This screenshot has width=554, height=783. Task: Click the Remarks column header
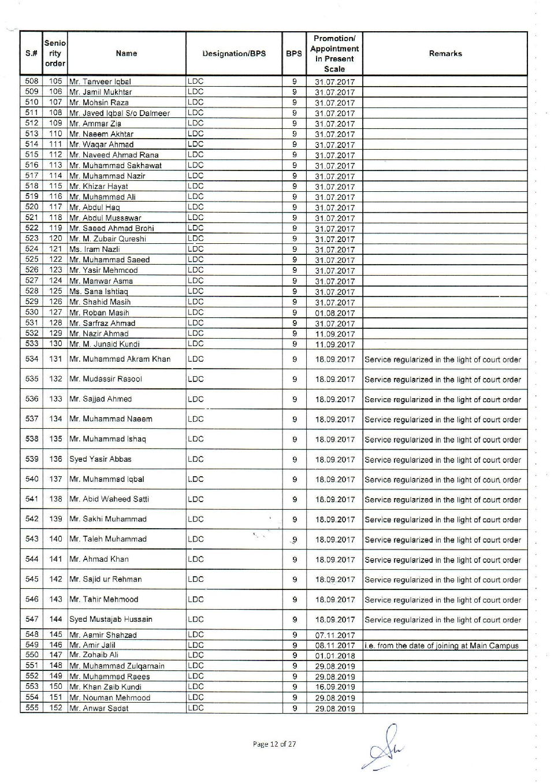(x=445, y=54)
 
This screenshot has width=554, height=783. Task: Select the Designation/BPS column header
(x=234, y=54)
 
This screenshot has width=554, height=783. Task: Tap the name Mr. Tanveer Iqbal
(x=100, y=81)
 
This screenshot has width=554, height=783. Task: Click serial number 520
(x=32, y=207)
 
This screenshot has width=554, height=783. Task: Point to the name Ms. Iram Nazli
(x=95, y=249)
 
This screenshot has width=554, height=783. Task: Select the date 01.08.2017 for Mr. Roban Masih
(x=334, y=313)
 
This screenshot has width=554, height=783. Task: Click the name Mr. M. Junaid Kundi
(x=105, y=344)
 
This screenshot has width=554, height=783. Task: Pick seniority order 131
(x=55, y=359)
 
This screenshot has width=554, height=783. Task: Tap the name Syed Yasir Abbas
(x=101, y=459)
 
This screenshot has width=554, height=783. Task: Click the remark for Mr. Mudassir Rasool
(x=443, y=380)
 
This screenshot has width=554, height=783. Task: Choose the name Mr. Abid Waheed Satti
(x=109, y=499)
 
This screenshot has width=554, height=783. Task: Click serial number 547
(x=32, y=619)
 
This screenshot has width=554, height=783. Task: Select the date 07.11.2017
(x=334, y=635)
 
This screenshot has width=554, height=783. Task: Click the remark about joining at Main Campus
(x=442, y=645)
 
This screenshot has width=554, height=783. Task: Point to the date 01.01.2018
(x=334, y=656)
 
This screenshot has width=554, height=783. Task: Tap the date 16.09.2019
(x=334, y=687)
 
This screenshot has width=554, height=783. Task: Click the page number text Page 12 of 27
(x=274, y=744)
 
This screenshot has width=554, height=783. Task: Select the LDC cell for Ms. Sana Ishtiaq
(x=196, y=291)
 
